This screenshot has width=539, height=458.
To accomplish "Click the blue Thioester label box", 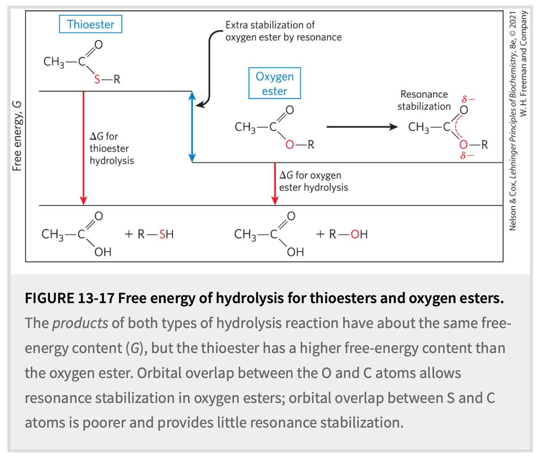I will click(x=90, y=24).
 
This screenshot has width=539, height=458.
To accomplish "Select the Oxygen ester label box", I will click(x=275, y=83).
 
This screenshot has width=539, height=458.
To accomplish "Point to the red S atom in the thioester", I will click(x=97, y=80).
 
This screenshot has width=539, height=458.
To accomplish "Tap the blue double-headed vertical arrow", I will click(x=192, y=127).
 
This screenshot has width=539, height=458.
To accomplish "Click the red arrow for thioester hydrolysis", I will click(x=83, y=148).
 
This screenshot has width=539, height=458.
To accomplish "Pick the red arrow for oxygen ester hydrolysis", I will click(x=275, y=183).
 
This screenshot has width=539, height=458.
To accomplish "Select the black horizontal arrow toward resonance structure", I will click(x=362, y=127).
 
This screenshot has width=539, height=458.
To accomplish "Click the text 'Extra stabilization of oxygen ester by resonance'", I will click(x=283, y=31).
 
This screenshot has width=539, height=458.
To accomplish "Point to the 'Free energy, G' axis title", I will click(x=17, y=136).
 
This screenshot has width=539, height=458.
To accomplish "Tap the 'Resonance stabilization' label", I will click(x=424, y=100).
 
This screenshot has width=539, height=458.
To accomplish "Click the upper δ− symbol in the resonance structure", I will click(x=468, y=99).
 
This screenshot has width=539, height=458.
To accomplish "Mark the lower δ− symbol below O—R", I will click(x=467, y=156).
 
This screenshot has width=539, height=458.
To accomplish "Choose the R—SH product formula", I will click(x=156, y=234).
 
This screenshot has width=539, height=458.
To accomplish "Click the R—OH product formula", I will click(x=348, y=234).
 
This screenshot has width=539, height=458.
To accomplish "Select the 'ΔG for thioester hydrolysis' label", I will click(x=112, y=148).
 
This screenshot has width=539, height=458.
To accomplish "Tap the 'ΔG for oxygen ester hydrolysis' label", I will click(x=313, y=181).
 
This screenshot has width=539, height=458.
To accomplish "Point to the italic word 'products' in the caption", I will click(x=80, y=323).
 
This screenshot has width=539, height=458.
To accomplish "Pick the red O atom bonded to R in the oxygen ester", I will click(x=289, y=145).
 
